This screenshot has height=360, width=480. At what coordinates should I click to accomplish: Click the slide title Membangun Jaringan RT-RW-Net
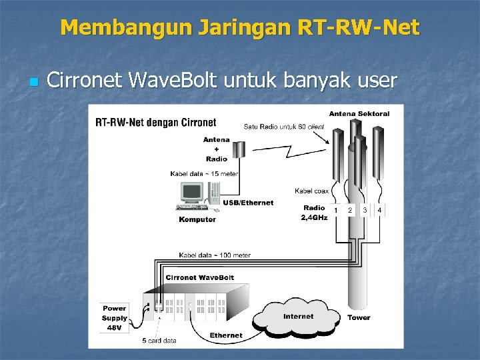pyautogui.click(x=240, y=27)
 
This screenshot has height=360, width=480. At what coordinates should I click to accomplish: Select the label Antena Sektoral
pyautogui.click(x=359, y=113)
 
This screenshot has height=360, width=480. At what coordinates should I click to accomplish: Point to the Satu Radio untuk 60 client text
pyautogui.click(x=284, y=126)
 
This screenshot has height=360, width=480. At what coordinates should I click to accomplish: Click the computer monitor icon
pyautogui.click(x=192, y=194)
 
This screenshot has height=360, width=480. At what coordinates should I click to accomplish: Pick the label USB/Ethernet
pyautogui.click(x=248, y=203)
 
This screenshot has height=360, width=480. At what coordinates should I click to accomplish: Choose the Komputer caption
pyautogui.click(x=197, y=219)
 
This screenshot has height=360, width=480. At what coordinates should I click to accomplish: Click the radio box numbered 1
pyautogui.click(x=336, y=210)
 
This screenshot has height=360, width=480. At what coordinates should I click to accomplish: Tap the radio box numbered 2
pyautogui.click(x=351, y=210)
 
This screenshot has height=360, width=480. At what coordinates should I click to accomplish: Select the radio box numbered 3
pyautogui.click(x=365, y=210)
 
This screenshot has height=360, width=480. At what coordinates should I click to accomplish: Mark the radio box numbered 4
pyautogui.click(x=380, y=210)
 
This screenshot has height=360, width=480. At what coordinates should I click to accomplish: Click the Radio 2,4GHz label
pyautogui.click(x=315, y=213)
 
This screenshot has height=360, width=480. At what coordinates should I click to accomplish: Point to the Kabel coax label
pyautogui.click(x=312, y=191)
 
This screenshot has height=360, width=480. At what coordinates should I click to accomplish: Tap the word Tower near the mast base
pyautogui.click(x=359, y=317)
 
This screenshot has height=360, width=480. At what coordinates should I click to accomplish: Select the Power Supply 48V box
pyautogui.click(x=114, y=318)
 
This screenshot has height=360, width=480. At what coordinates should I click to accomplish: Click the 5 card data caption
pyautogui.click(x=159, y=341)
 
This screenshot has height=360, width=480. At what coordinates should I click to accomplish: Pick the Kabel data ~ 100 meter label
pyautogui.click(x=215, y=255)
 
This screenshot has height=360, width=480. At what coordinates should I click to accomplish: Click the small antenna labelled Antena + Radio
pyautogui.click(x=238, y=147)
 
